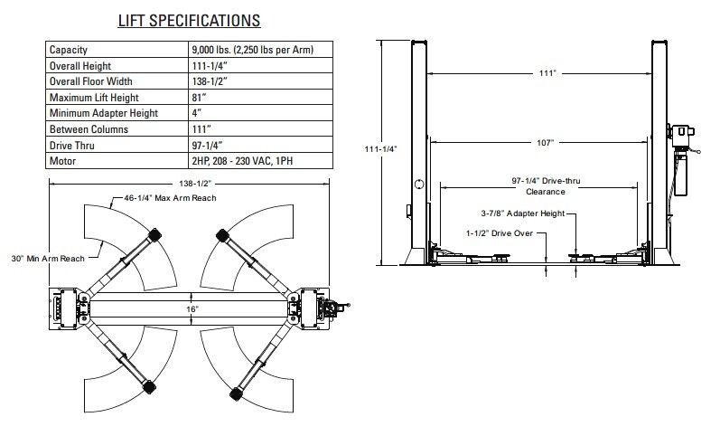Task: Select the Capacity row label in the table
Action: pos(69,50)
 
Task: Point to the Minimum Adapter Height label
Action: pos(104,113)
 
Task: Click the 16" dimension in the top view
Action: pos(192,308)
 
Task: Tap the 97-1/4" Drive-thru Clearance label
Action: pos(545,186)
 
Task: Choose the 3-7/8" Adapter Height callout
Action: pos(522,214)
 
